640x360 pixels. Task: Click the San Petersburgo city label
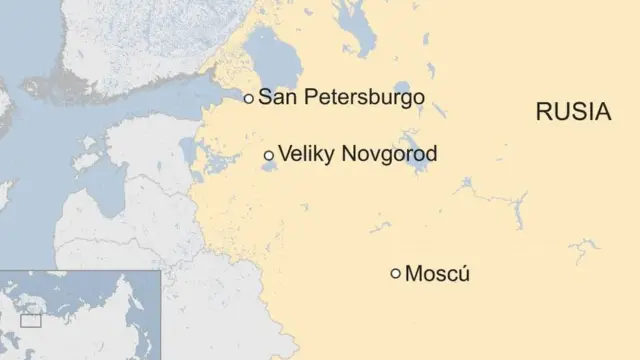pyautogui.click(x=341, y=98)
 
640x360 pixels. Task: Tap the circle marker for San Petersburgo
pyautogui.click(x=248, y=99)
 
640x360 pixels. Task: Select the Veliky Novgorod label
pyautogui.click(x=357, y=155)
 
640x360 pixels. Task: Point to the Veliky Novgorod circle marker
pyautogui.click(x=268, y=155)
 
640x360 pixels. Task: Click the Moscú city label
pyautogui.click(x=437, y=273)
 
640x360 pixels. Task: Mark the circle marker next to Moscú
pyautogui.click(x=396, y=273)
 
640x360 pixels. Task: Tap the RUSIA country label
pyautogui.click(x=573, y=112)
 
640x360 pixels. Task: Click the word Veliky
pyautogui.click(x=307, y=155)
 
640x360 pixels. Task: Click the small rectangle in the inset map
pyautogui.click(x=31, y=321)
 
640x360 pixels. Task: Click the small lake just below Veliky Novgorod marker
pyautogui.click(x=269, y=166)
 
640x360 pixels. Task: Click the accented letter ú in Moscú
pyautogui.click(x=463, y=273)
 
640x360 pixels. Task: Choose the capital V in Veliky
pyautogui.click(x=285, y=155)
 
